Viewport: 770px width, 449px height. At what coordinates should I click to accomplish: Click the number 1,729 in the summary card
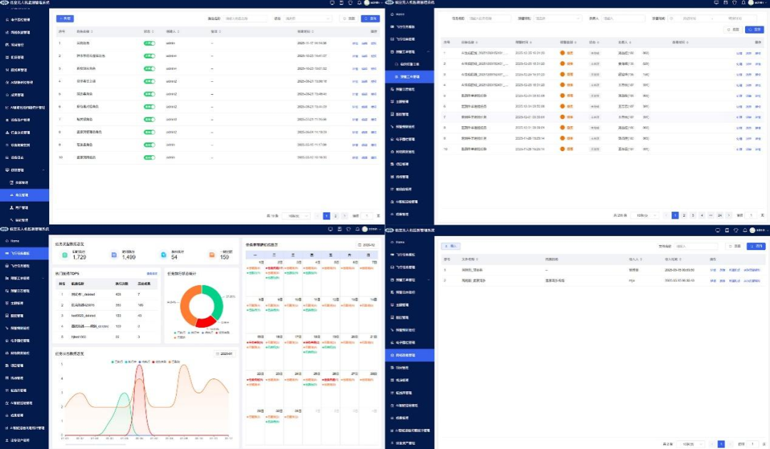coord(79,257)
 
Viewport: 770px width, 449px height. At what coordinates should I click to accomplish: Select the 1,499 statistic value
coord(128,257)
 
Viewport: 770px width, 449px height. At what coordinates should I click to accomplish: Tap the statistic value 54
coord(175,257)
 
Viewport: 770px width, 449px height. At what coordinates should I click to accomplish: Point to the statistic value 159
coord(225,257)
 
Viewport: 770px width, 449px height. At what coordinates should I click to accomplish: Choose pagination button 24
coord(720,215)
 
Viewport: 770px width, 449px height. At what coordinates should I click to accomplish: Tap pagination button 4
coord(702,215)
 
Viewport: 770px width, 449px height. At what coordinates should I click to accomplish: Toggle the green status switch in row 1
coord(150,43)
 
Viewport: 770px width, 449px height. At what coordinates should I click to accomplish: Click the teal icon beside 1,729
coord(64,255)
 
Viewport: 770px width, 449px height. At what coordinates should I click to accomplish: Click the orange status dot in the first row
coord(562,53)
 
